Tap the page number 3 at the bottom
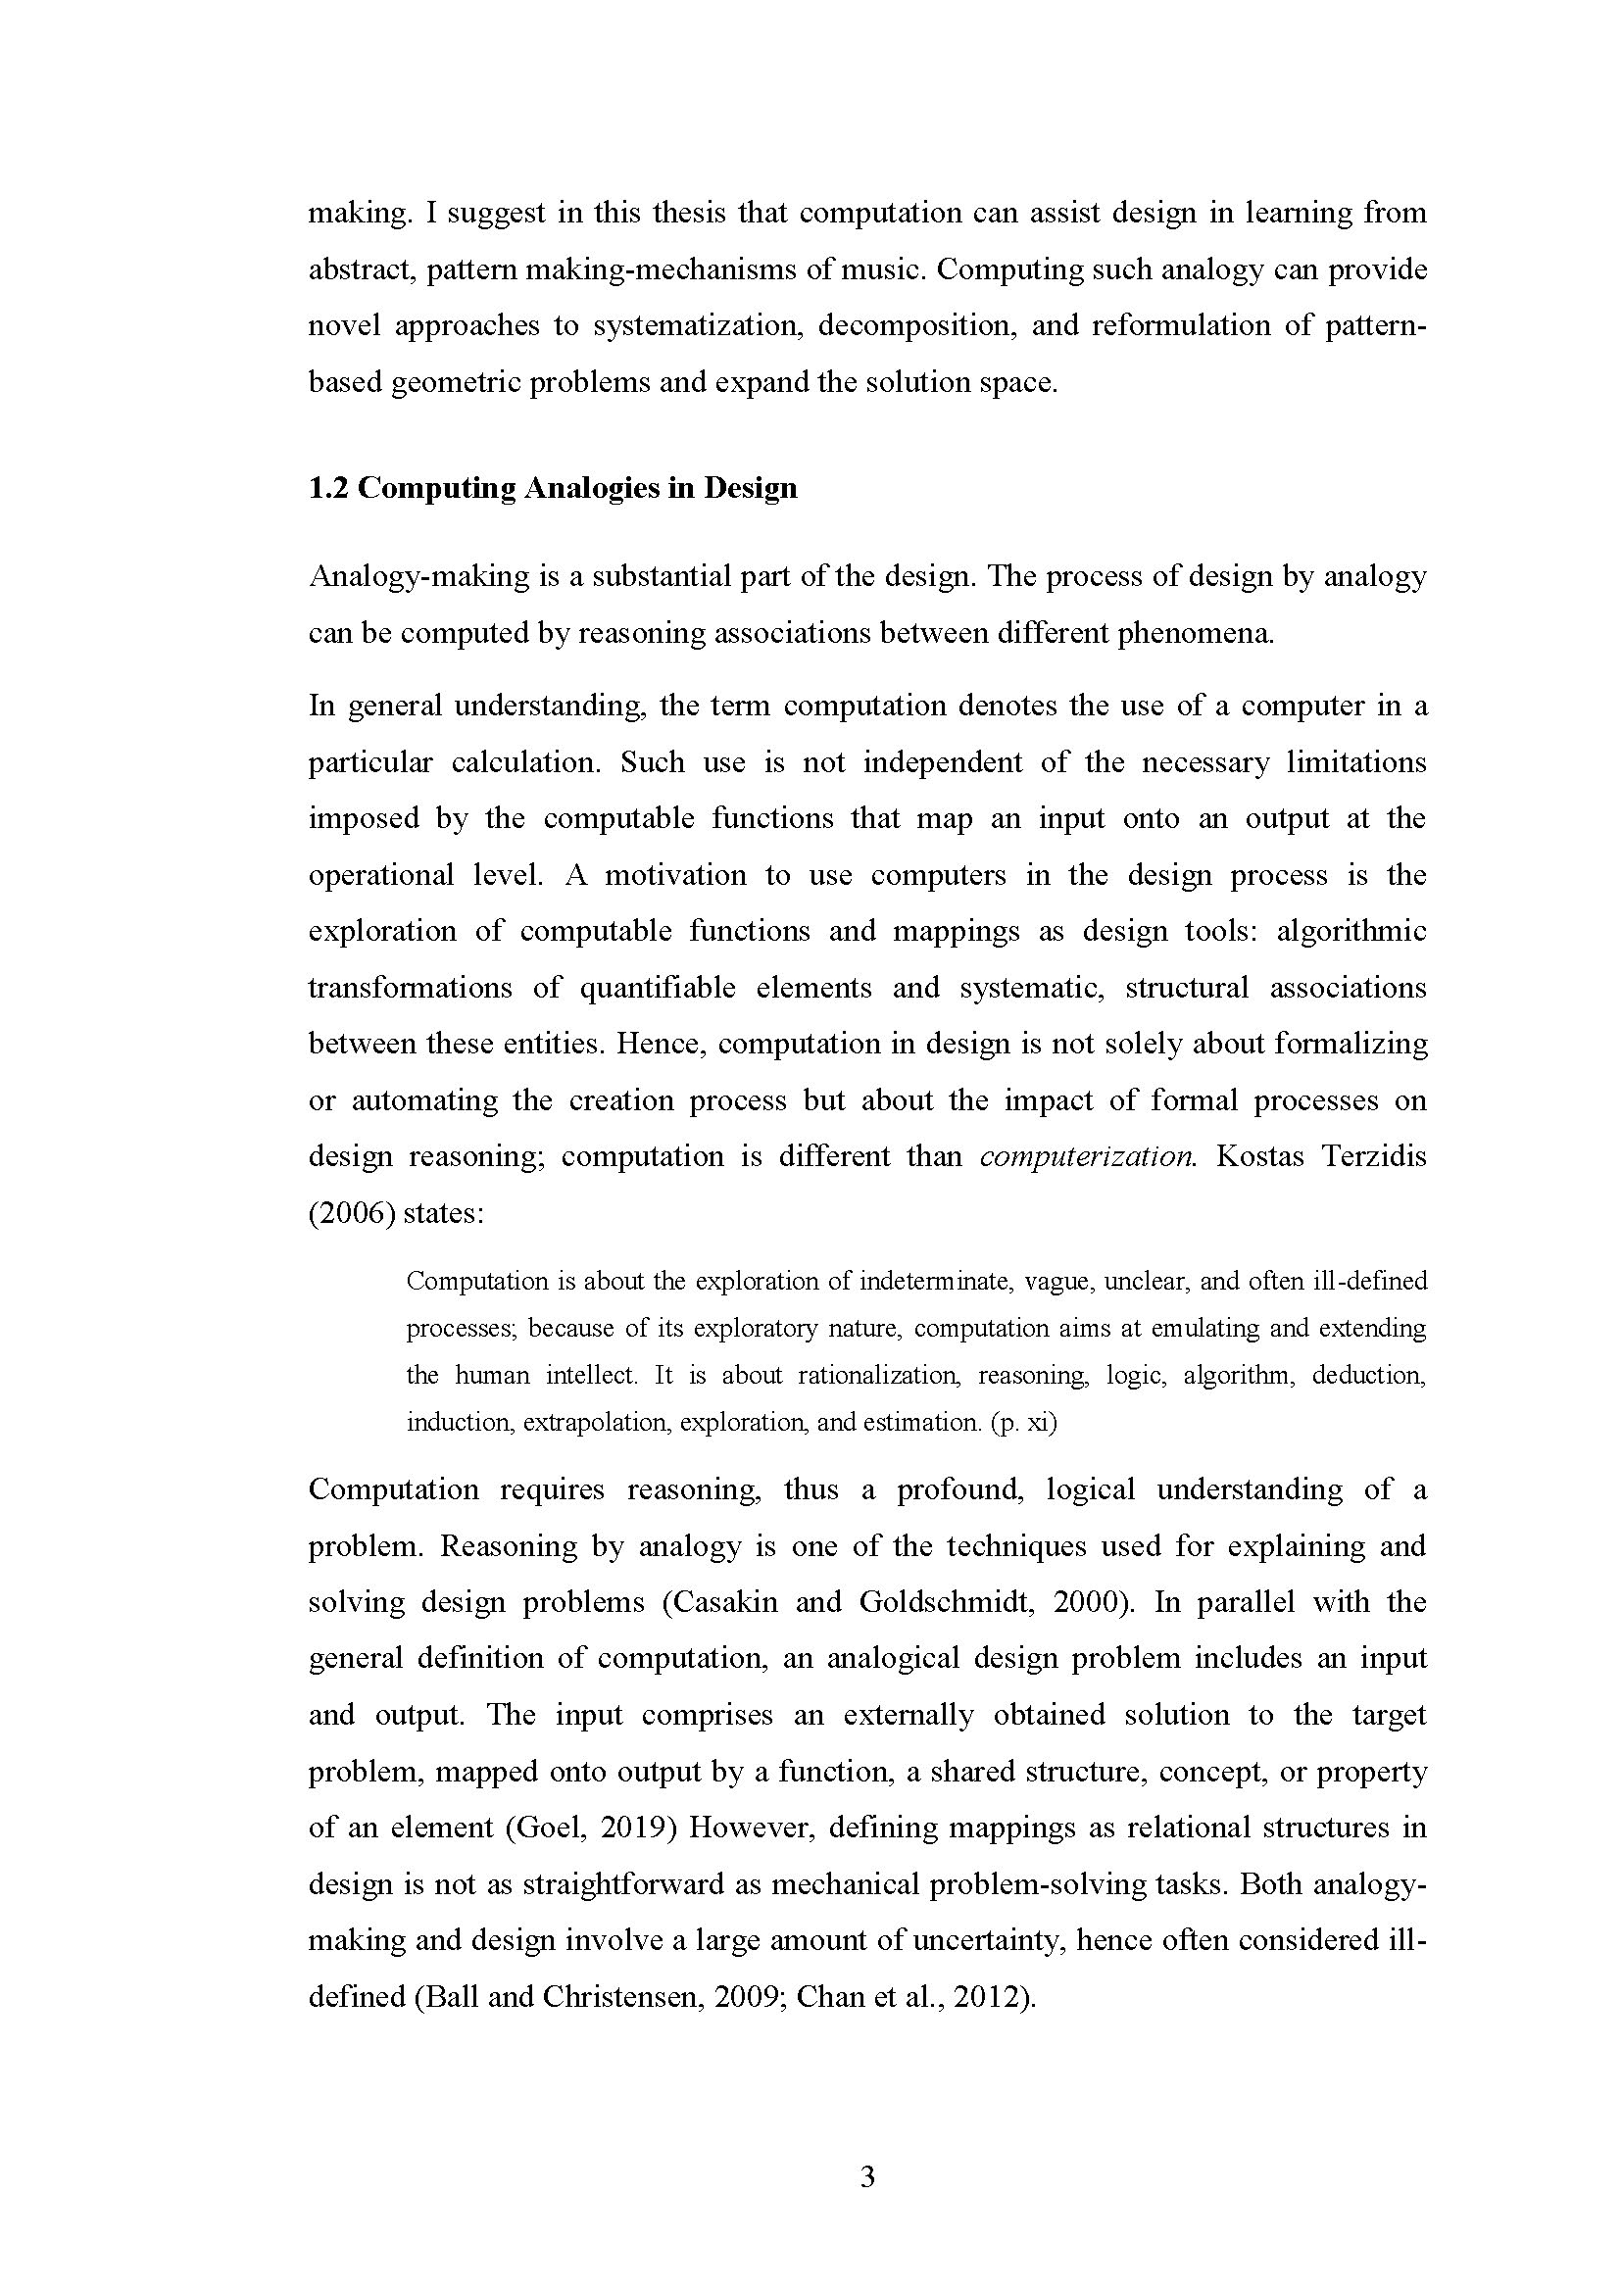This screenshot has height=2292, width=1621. coord(866,2177)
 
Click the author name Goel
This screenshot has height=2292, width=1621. coord(546,1828)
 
